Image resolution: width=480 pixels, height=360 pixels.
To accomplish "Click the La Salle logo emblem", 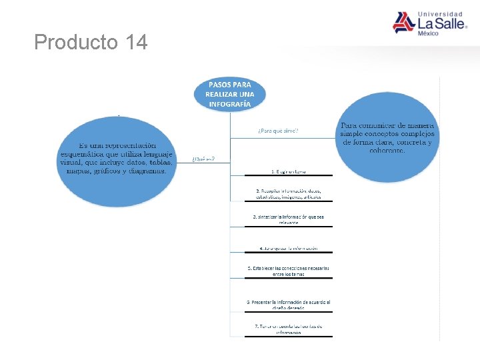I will coord(403,22).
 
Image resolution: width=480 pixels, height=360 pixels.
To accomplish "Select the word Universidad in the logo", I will coord(439,13).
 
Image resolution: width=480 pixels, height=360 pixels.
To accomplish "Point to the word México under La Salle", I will coord(428,34).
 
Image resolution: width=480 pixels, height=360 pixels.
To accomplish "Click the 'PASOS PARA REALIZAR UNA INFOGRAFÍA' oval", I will coord(229,94).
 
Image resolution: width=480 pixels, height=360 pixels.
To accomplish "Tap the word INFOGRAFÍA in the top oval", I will coord(229,104).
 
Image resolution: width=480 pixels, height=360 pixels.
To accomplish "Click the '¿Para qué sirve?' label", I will coord(278,131).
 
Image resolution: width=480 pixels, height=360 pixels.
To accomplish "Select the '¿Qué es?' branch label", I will coord(203,159).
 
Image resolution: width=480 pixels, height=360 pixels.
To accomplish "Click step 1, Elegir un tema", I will coord(288,171).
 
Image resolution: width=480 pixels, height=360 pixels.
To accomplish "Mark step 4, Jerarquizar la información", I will coord(288,248).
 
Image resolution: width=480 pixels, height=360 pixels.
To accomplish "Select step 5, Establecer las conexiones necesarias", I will coord(288,271).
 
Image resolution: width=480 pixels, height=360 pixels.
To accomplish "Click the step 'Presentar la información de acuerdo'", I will coord(288,304).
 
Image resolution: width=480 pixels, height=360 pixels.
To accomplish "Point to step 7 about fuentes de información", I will coord(288,329).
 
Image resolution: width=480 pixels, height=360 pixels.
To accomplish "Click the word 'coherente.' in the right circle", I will coord(387,150).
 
